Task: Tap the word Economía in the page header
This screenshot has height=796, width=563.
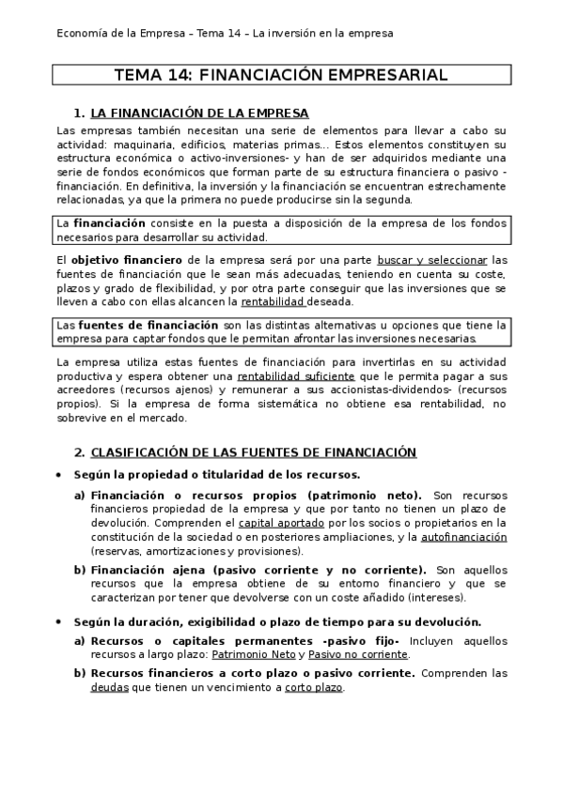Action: click(84, 33)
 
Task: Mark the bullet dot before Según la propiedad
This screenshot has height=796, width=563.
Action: click(60, 475)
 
